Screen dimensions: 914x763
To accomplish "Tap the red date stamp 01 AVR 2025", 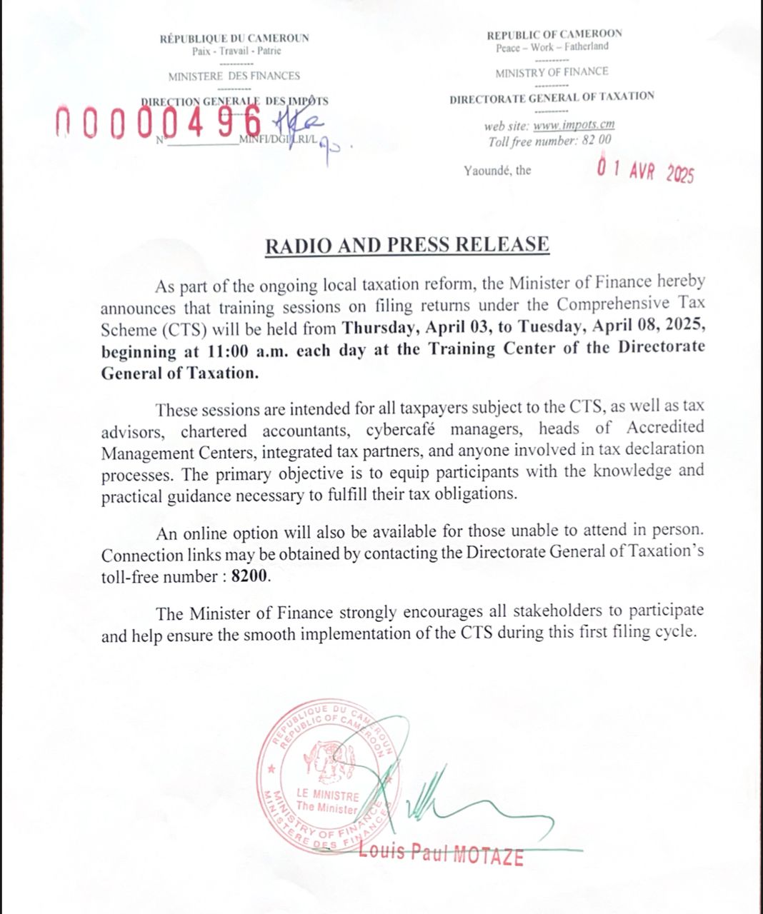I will pos(645,171).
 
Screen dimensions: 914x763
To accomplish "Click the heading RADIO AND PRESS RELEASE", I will pos(407,245).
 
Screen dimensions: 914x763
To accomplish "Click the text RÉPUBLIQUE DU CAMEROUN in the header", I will pos(234,39).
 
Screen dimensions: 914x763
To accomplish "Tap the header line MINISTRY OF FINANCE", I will pos(552,71).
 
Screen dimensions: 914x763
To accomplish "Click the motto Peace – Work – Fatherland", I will pos(552,47).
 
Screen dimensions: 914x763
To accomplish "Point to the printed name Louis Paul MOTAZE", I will pos(441,853).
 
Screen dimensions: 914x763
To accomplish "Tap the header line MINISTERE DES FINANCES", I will pos(234,76).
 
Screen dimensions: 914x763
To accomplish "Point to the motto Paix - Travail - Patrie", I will pos(236,51).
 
